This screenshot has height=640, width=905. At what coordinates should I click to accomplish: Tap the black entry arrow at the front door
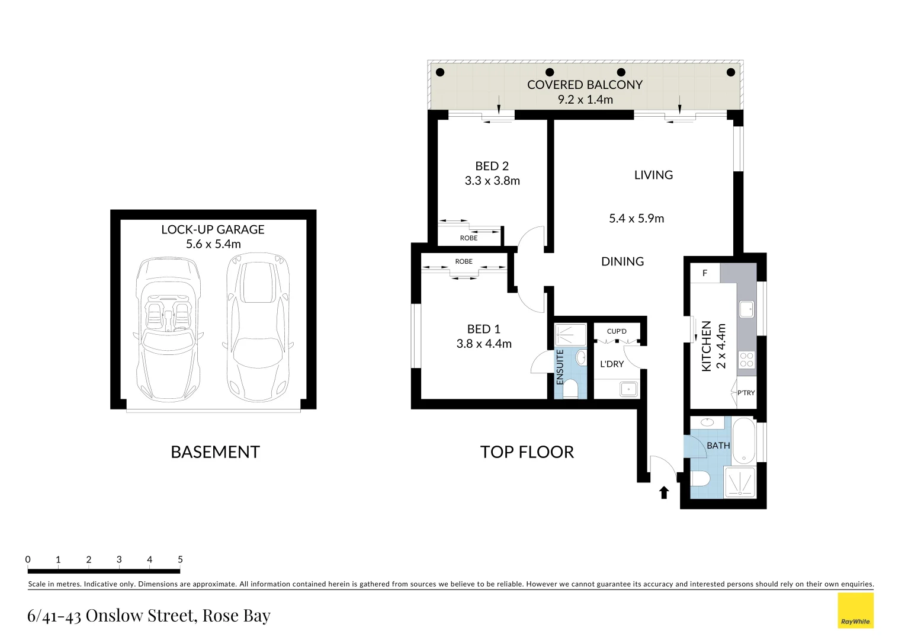pos(664,492)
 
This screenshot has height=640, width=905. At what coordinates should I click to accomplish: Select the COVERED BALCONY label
pos(585,85)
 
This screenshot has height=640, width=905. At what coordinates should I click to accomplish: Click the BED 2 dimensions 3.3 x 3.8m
pos(492,181)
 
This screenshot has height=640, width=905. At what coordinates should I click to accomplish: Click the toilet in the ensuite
pos(570,389)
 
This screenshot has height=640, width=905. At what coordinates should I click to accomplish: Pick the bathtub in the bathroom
pos(743,441)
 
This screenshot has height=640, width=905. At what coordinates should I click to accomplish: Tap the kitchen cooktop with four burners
pos(747,360)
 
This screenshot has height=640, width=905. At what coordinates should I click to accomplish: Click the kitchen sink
pos(746,309)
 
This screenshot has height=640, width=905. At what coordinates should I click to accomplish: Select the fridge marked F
pos(705,273)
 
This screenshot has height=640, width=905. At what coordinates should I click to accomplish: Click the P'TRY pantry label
pos(746,393)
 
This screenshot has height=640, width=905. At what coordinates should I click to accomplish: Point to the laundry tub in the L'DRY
pos(628,389)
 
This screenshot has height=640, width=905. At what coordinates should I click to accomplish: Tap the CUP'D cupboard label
pos(617,331)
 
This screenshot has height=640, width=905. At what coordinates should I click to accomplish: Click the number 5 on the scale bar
pos(180,559)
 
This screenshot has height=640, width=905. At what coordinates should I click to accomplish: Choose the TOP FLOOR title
pos(527,452)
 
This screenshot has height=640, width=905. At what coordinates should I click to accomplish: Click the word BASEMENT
pos(215,452)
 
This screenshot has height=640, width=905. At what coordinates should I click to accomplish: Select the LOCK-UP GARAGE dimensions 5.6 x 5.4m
pos(213,244)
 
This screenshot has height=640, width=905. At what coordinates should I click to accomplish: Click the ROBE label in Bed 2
pos(468,238)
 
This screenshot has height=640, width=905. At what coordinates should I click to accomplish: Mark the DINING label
pos(622,261)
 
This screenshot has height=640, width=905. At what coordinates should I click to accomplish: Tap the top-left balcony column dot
pos(440,72)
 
